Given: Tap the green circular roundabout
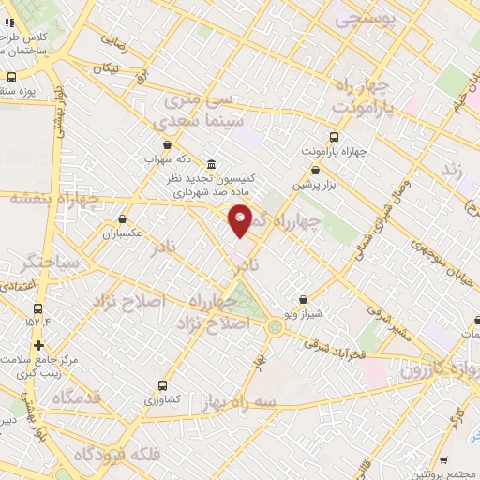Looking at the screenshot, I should (274, 326).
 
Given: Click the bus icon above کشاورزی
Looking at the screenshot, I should (164, 385).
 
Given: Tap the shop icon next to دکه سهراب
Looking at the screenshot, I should (167, 145).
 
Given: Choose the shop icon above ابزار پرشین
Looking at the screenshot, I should (315, 172).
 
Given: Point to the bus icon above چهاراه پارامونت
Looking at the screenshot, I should (335, 137).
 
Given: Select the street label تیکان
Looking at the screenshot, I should (107, 67).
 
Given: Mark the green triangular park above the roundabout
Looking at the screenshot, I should (242, 301).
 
